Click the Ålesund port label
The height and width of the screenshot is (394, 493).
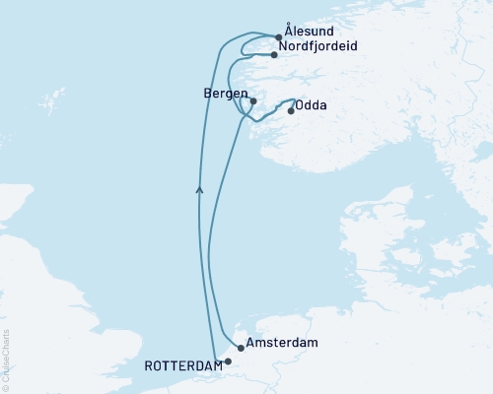point(309,31)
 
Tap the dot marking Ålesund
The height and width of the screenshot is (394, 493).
point(279,38)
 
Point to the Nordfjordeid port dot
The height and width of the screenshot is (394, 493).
point(275,54)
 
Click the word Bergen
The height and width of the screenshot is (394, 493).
point(222,93)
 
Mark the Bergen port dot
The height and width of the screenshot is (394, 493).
point(253,100)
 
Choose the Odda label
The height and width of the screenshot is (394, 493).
point(313,105)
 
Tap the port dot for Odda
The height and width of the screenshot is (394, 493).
point(290,110)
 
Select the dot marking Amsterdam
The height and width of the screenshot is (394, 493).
point(241,348)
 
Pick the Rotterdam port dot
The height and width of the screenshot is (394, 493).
point(228,361)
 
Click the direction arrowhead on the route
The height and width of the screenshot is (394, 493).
point(200,187)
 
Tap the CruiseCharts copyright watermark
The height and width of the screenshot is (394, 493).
point(6,360)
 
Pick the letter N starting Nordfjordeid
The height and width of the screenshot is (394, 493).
point(285,46)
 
